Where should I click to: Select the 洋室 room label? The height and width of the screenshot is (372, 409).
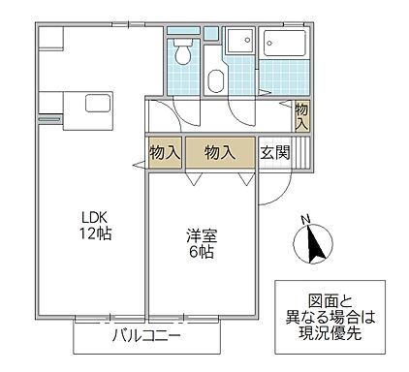click(202, 235)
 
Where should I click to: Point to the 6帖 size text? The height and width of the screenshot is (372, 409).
click(202, 252)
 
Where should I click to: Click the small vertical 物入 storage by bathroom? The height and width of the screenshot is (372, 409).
click(301, 116)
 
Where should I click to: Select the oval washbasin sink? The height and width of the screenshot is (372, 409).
click(216, 78)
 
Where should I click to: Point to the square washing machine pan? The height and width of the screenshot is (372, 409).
click(237, 42)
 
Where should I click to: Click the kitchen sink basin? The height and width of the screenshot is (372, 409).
click(98, 104)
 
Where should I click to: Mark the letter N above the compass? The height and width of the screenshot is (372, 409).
click(306, 217)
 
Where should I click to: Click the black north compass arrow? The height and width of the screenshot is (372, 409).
click(314, 243)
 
